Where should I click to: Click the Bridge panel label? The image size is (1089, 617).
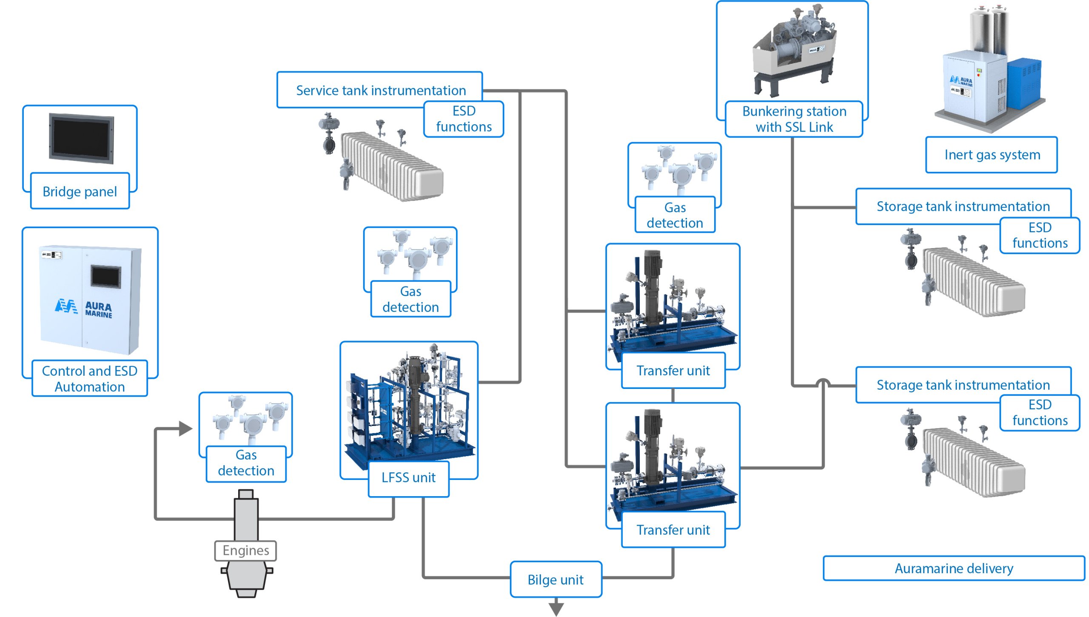80,191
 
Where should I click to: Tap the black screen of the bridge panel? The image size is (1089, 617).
81,138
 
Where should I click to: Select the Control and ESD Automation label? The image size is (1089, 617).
90,378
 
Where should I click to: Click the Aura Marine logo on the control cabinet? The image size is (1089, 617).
83,308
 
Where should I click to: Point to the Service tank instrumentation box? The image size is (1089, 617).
380,90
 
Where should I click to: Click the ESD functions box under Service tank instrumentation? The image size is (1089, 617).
464,119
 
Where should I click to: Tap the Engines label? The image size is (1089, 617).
245,551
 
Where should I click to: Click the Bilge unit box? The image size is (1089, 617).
556,579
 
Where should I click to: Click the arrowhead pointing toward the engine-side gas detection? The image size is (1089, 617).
185,428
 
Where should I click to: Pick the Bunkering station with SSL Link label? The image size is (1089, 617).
794,119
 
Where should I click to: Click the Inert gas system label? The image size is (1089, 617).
992,154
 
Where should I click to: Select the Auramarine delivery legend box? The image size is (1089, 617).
954,568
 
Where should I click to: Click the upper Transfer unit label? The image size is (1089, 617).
673,371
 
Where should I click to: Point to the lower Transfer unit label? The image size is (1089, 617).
673,530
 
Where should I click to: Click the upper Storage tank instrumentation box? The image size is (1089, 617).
963,206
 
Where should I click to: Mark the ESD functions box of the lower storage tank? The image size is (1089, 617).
1040,413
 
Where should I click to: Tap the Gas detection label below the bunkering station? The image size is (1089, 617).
675,215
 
